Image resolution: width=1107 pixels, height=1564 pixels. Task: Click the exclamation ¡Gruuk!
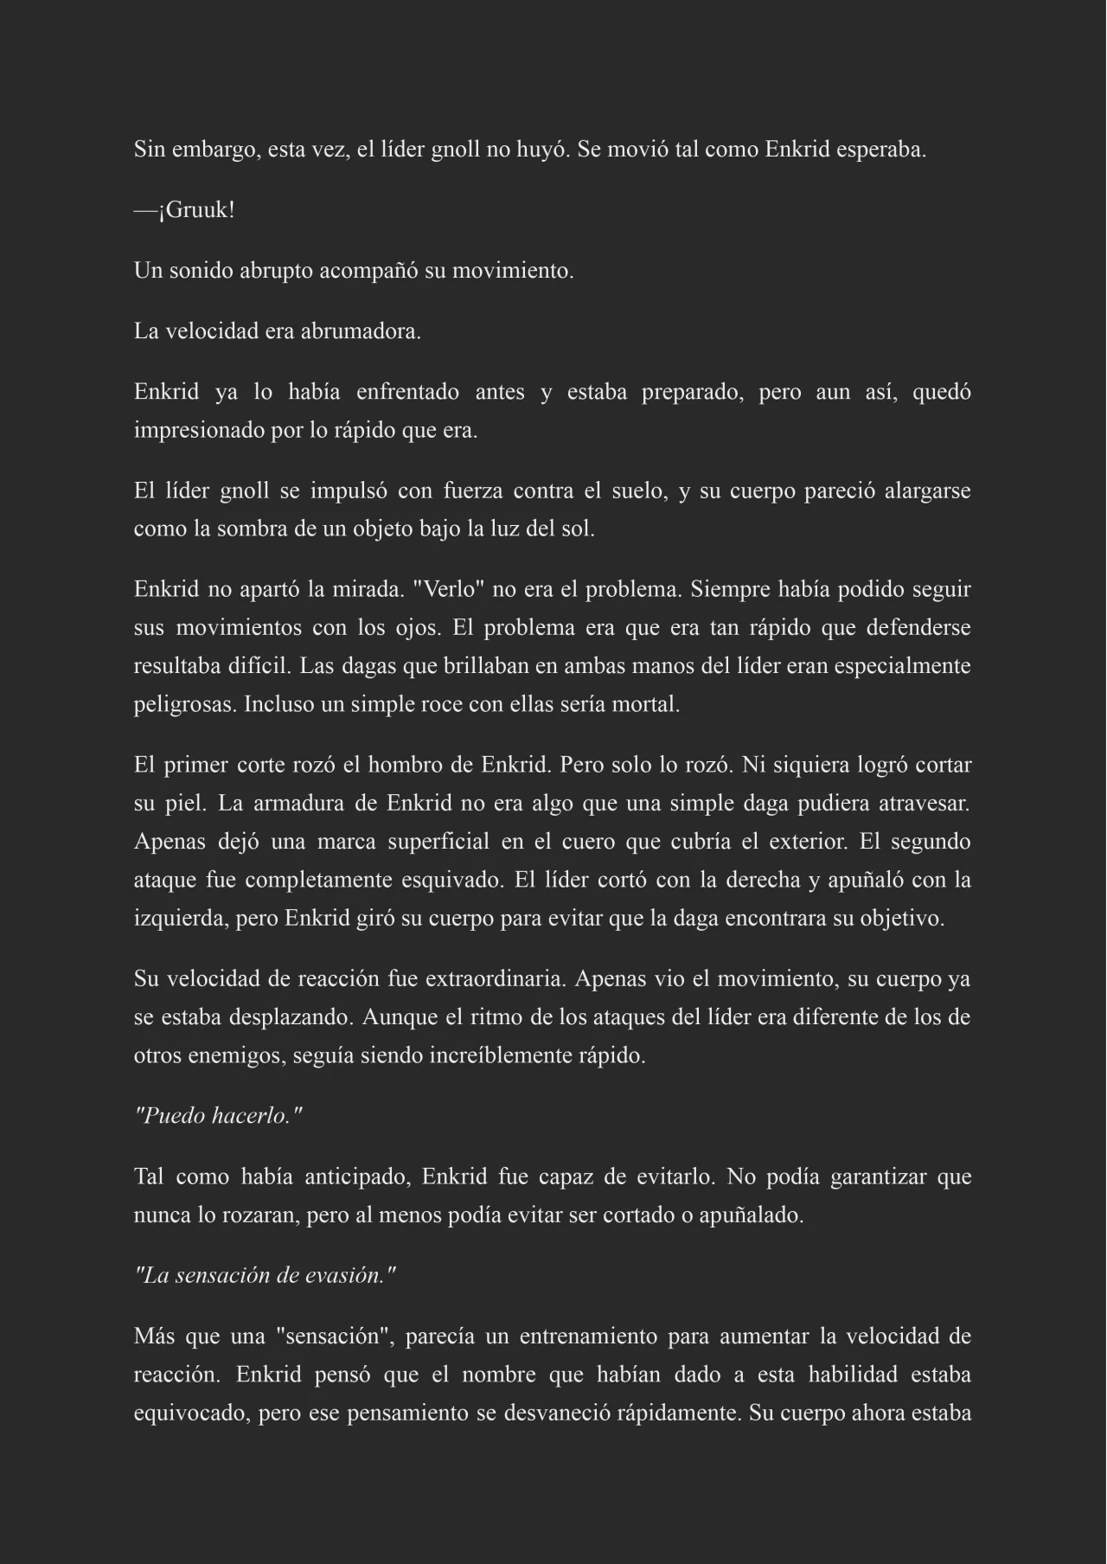tap(196, 210)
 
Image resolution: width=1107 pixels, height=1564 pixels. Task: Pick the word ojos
tap(418, 627)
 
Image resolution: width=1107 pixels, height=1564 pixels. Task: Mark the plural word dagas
tap(366, 666)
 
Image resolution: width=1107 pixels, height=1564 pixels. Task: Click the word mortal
tap(646, 704)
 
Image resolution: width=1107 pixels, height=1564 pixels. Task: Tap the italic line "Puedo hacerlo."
tap(219, 1116)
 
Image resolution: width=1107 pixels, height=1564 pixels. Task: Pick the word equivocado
tap(190, 1413)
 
